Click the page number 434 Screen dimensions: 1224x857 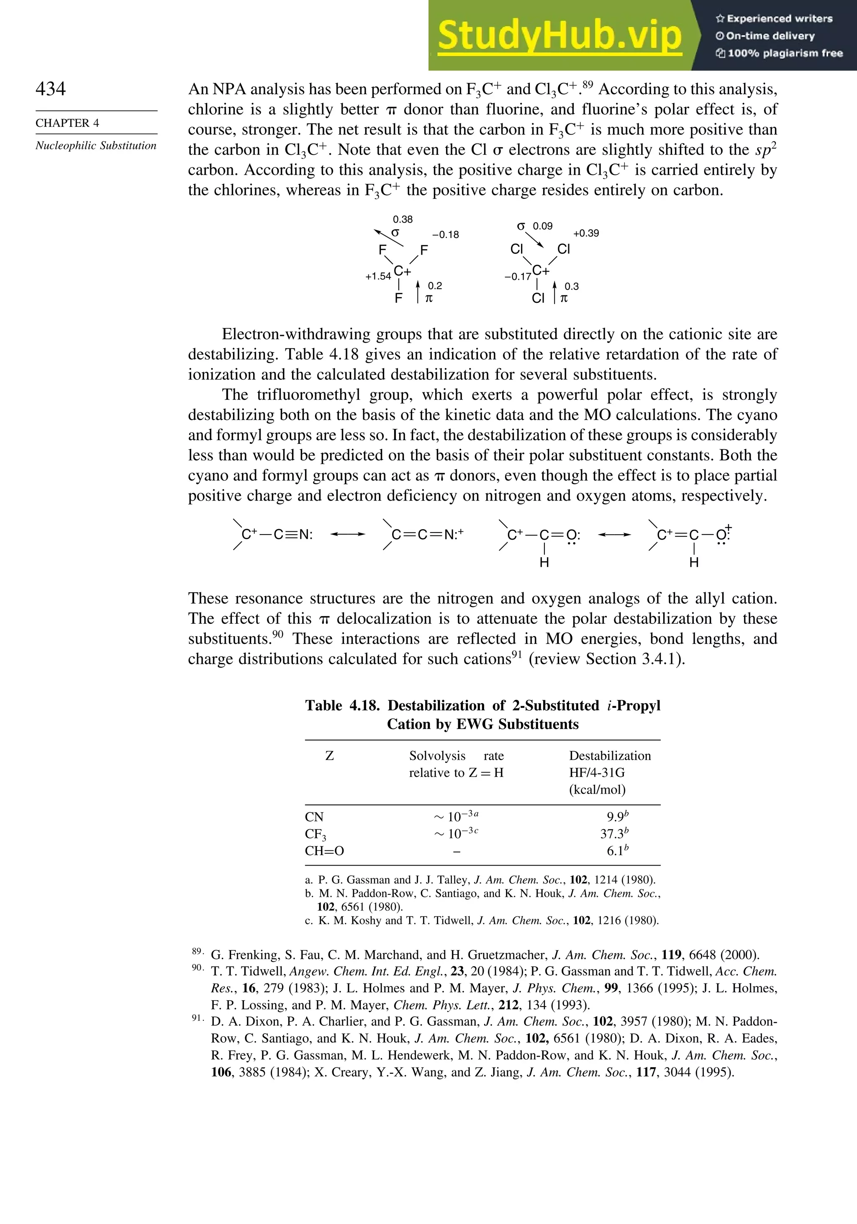[51, 89]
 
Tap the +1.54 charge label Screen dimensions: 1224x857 [377, 276]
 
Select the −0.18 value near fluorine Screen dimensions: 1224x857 [445, 235]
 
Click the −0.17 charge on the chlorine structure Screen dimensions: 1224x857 [517, 277]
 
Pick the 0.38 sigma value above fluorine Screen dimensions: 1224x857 [403, 220]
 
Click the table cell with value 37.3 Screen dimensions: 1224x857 [612, 834]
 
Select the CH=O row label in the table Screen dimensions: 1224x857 [324, 851]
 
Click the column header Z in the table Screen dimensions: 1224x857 [330, 756]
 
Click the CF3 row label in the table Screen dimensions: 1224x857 [315, 834]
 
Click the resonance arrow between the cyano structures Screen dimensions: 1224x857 [348, 534]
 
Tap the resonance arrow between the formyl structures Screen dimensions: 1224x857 [614, 534]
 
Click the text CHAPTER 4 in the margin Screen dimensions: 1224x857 [67, 123]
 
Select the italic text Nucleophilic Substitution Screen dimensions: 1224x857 [96, 146]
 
